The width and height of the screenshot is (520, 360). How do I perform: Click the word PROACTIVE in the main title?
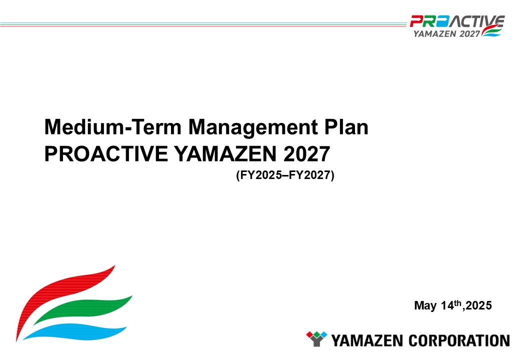pyautogui.click(x=106, y=154)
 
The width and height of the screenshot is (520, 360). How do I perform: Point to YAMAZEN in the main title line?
pyautogui.click(x=225, y=154)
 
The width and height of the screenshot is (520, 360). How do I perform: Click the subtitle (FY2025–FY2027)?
pyautogui.click(x=285, y=175)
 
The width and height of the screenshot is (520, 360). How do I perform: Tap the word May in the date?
pyautogui.click(x=425, y=305)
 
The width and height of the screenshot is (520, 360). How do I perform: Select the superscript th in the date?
pyautogui.click(x=457, y=302)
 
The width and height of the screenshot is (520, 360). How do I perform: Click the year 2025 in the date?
pyautogui.click(x=478, y=305)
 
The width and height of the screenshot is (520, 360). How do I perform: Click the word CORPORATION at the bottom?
pyautogui.click(x=459, y=341)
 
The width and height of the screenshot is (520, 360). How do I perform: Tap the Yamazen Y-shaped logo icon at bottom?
pyautogui.click(x=316, y=339)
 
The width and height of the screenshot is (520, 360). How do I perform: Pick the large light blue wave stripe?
pyautogui.click(x=76, y=332)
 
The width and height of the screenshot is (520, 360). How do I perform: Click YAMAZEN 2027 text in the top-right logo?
pyautogui.click(x=446, y=33)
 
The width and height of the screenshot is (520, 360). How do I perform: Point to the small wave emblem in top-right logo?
pyautogui.click(x=491, y=30)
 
